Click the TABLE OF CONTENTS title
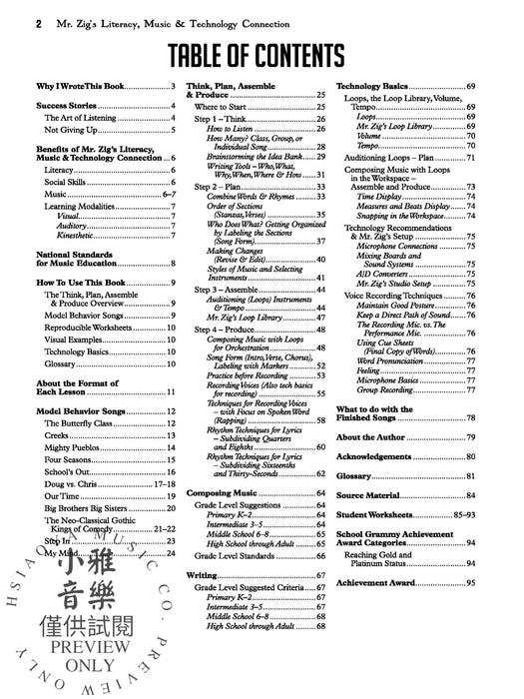click(x=262, y=57)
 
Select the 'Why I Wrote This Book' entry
click(x=73, y=89)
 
